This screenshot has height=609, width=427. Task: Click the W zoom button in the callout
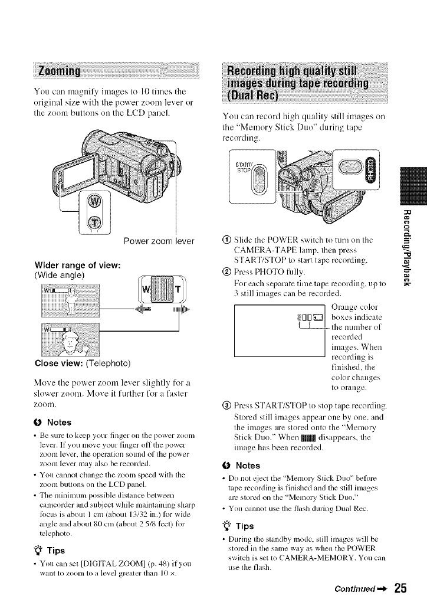(x=93, y=204)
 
